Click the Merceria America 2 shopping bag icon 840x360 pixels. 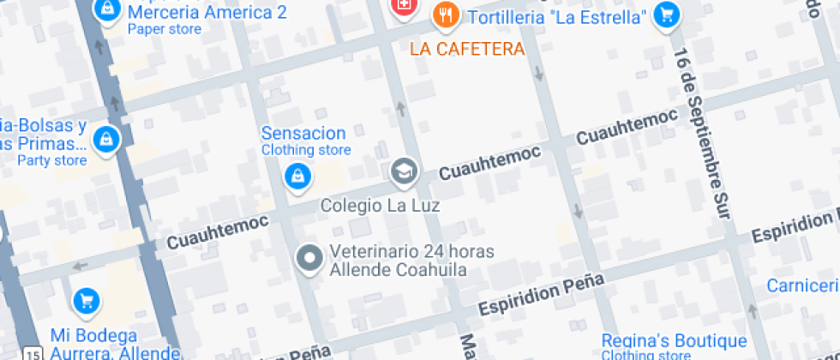[106, 9]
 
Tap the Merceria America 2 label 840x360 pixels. [207, 13]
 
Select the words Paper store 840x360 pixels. [165, 29]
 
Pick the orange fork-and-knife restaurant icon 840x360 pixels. [445, 14]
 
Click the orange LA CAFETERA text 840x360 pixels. [467, 49]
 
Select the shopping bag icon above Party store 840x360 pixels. [105, 138]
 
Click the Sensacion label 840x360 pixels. [303, 134]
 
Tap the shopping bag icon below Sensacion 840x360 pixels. [297, 176]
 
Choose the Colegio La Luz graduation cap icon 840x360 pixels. [403, 171]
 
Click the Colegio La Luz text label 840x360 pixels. [380, 206]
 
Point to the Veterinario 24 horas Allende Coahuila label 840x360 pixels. [399, 261]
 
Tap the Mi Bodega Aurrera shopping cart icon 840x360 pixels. [86, 300]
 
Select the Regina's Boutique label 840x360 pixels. [662, 340]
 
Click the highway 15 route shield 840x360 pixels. [33, 352]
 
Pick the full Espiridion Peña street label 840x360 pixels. [541, 294]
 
